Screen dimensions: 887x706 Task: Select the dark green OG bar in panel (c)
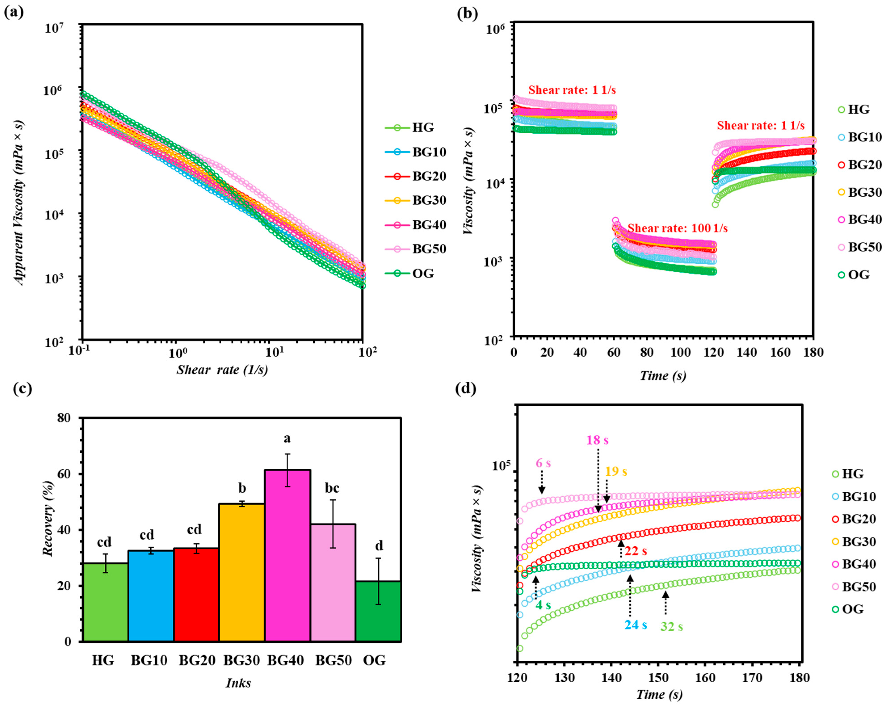[x=378, y=611]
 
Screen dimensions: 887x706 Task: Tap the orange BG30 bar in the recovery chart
[x=242, y=572]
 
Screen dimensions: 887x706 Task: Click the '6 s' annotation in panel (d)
[x=543, y=463]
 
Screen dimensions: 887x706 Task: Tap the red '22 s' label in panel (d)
[x=636, y=551]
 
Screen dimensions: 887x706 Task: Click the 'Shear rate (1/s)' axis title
[x=222, y=370]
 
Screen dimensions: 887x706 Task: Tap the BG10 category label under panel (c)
[x=149, y=660]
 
